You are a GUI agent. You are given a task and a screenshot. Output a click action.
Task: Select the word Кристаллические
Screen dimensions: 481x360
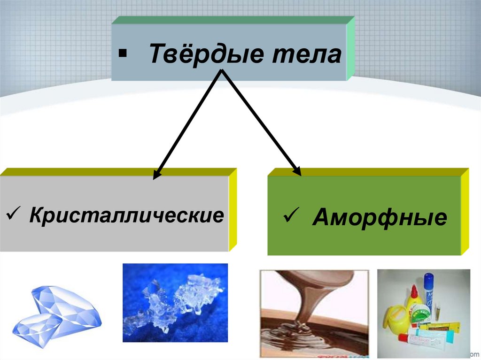126,215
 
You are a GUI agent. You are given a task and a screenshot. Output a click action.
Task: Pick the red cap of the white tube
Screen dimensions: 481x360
403,337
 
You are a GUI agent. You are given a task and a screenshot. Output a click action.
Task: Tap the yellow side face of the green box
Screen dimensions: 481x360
465,211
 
